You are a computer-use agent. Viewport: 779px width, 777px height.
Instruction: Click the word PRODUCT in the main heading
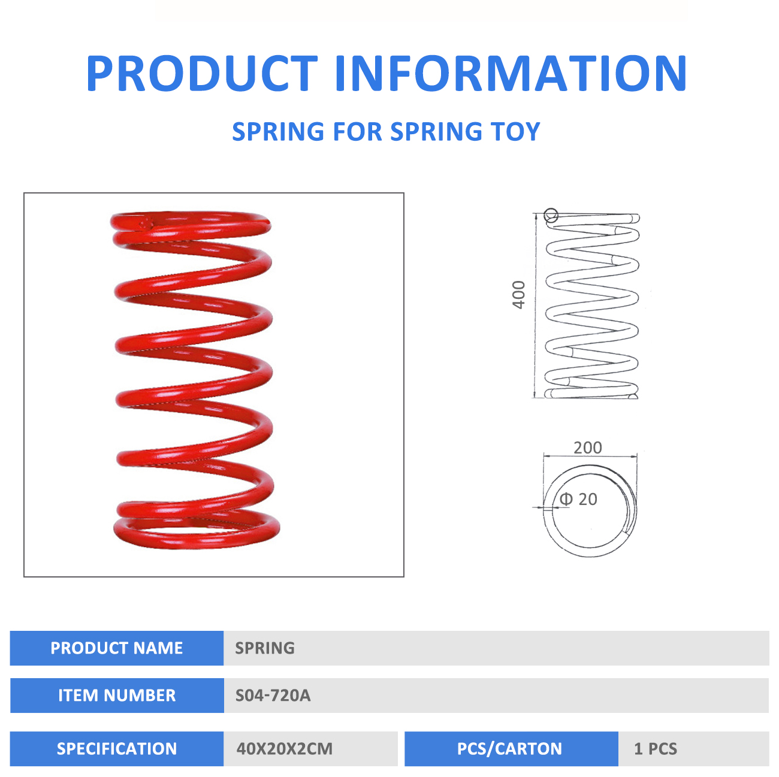202,73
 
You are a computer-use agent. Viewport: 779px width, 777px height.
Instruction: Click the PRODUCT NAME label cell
116,648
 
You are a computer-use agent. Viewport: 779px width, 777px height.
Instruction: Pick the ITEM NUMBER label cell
117,696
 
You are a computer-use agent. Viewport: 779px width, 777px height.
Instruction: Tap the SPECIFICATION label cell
116,749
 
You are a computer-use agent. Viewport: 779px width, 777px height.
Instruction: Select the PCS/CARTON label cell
511,749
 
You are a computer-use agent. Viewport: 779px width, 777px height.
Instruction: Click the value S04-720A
273,696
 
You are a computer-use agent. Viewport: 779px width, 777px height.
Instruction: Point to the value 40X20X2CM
284,749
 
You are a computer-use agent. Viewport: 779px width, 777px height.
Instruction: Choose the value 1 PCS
656,749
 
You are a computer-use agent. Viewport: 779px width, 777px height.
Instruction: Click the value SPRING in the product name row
265,648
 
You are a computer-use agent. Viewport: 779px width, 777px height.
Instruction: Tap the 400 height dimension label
518,295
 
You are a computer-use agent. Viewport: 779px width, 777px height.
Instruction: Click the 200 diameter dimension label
588,448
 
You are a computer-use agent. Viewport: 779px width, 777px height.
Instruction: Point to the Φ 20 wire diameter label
578,499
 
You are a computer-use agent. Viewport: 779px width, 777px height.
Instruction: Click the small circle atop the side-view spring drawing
551,216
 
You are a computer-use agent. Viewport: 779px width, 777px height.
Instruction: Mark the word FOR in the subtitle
357,131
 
